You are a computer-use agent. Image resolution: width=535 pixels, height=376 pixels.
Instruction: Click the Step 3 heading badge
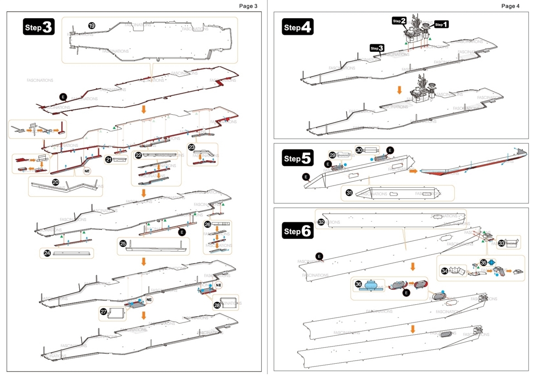39,27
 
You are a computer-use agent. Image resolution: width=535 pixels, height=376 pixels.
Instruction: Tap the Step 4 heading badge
297,27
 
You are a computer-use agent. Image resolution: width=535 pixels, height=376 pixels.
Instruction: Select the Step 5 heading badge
297,158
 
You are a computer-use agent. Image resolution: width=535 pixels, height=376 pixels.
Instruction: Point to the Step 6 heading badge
297,231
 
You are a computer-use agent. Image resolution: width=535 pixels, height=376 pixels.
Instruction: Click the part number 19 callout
92,25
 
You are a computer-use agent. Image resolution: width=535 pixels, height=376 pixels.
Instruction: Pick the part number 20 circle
55,181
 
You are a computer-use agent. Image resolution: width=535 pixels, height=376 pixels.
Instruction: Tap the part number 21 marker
108,159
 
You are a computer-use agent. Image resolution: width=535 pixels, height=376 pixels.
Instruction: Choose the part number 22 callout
138,155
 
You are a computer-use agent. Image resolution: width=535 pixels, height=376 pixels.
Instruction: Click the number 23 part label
191,147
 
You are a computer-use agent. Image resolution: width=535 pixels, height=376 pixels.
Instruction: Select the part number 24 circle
47,253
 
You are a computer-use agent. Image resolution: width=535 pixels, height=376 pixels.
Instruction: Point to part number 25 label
123,243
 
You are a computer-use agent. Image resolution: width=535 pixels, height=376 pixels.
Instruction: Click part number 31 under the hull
349,192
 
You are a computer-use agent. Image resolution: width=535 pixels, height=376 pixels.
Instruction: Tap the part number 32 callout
321,222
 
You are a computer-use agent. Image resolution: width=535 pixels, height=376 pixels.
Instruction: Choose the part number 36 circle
358,284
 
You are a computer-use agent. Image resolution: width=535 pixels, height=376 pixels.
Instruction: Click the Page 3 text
248,6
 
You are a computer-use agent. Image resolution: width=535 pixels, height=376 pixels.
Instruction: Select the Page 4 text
510,6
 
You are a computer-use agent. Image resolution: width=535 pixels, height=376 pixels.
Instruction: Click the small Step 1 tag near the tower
441,24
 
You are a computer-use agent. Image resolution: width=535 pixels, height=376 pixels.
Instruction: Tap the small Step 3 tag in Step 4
377,48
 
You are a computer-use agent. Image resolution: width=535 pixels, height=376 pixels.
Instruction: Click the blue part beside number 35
491,263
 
